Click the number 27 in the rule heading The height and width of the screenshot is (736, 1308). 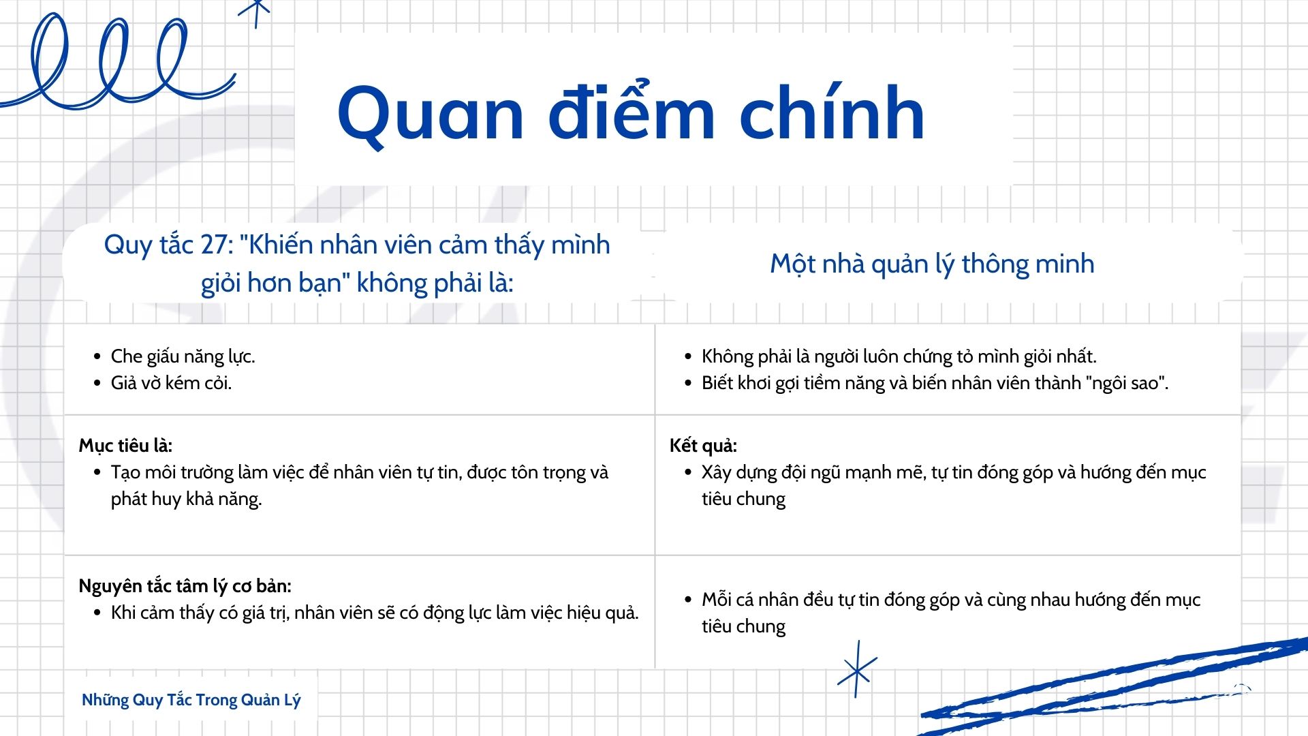[217, 245]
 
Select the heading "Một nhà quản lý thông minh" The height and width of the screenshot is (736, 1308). [932, 264]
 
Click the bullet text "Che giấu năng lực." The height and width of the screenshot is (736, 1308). [183, 356]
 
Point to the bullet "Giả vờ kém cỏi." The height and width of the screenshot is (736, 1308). [171, 383]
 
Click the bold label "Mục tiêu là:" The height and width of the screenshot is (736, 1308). [125, 446]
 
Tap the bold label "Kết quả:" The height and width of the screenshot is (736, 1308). [703, 446]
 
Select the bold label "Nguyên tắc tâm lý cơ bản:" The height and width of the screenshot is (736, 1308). [185, 586]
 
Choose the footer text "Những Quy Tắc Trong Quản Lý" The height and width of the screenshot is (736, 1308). [191, 700]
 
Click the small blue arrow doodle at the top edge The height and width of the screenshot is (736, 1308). [255, 12]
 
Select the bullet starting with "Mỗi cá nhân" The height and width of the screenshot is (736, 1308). [951, 613]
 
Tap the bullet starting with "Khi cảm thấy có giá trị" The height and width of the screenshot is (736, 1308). [375, 613]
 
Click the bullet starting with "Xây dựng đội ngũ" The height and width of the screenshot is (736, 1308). [954, 485]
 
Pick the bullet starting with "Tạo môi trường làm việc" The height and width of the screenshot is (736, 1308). [360, 485]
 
